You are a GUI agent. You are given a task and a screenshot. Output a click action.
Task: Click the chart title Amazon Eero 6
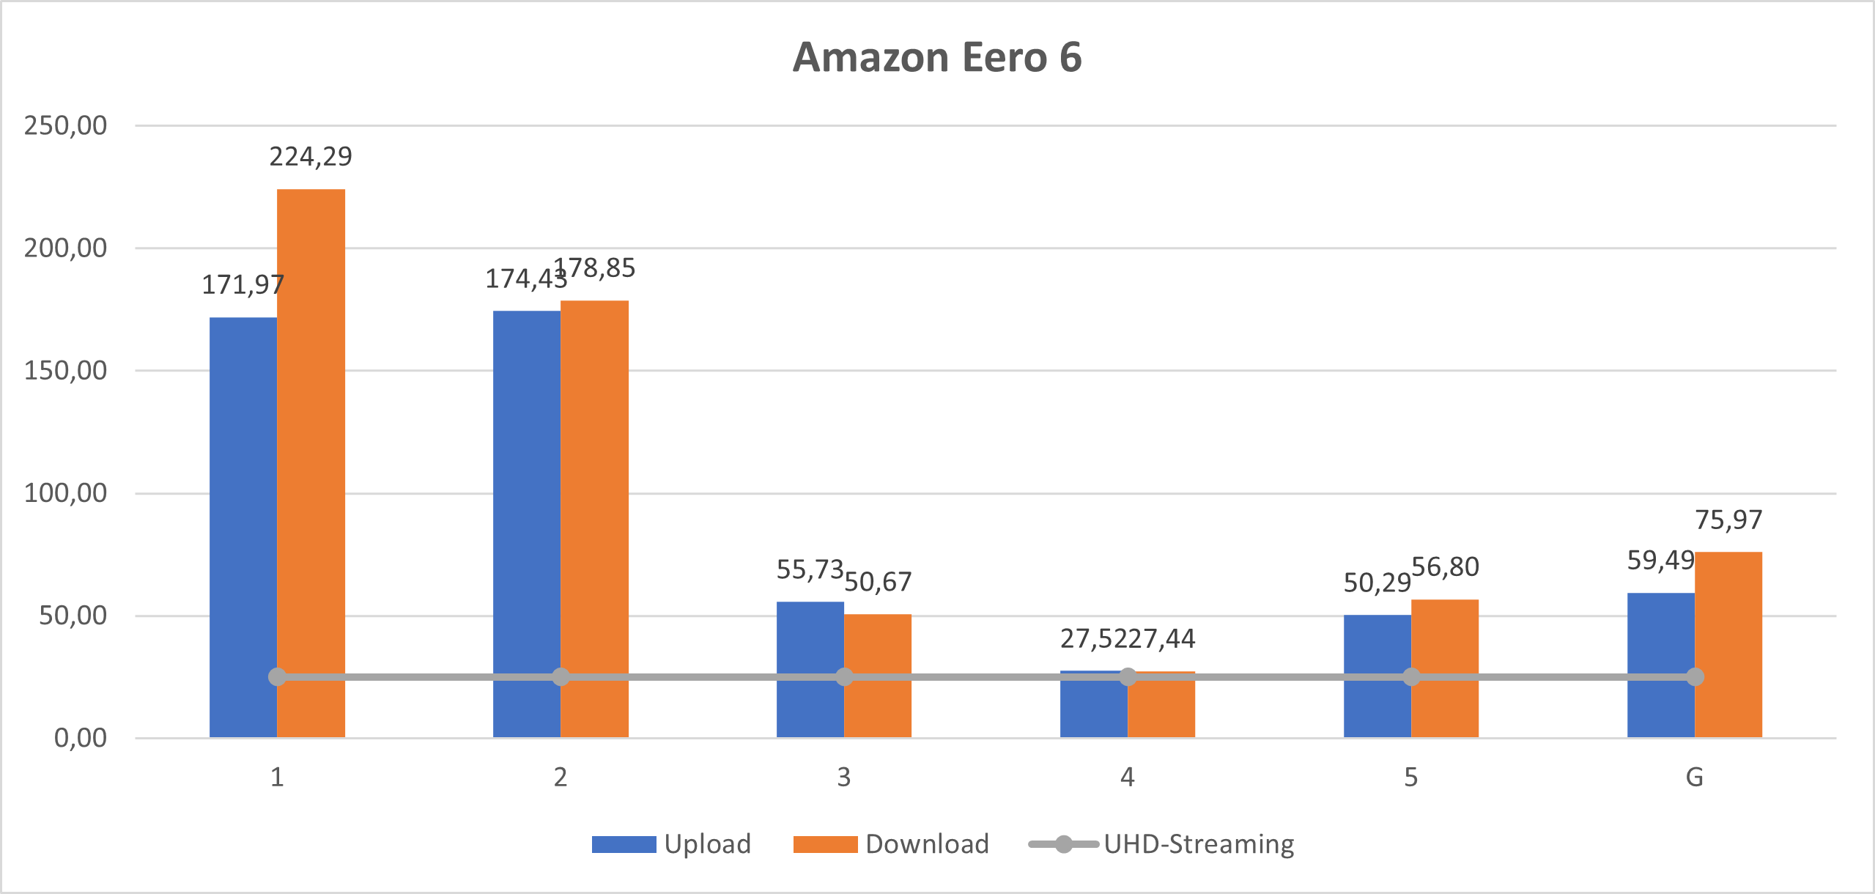click(x=937, y=57)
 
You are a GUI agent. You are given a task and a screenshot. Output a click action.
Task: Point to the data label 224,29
click(x=311, y=157)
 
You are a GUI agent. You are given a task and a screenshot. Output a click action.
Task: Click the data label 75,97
click(x=1728, y=520)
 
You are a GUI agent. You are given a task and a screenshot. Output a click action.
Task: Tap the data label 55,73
click(x=810, y=569)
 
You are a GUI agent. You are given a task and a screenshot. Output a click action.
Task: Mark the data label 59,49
click(x=1660, y=561)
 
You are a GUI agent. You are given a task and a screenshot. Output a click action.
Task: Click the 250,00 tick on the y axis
click(x=66, y=126)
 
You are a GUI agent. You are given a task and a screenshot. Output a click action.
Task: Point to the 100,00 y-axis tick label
click(x=66, y=493)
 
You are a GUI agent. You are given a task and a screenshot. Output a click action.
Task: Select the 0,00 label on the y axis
click(x=81, y=738)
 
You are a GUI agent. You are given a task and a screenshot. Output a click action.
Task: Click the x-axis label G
click(x=1694, y=777)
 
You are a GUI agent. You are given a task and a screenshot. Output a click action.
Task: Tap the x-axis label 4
click(x=1128, y=777)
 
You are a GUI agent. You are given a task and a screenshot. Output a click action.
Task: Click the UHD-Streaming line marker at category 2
click(x=561, y=677)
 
